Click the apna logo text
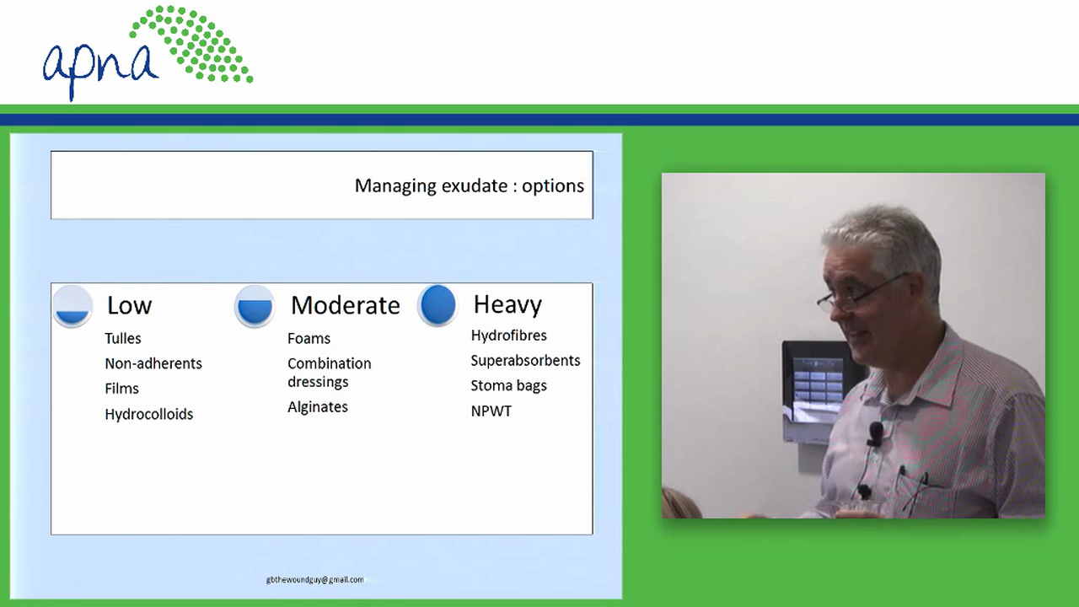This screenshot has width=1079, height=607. [x=100, y=68]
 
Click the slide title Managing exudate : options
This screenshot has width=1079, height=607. [x=470, y=186]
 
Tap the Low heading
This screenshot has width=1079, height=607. [x=129, y=305]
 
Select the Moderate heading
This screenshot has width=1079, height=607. [x=346, y=305]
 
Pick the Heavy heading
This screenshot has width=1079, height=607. [x=507, y=305]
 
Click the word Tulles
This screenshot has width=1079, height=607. [x=123, y=338]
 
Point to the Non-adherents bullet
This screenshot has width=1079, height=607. [x=153, y=363]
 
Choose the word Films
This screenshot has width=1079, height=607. [x=121, y=389]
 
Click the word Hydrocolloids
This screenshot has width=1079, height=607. [x=149, y=414]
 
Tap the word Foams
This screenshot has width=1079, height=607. [x=309, y=338]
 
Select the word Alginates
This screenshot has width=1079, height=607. [x=318, y=407]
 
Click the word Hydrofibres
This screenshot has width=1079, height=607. [x=508, y=336]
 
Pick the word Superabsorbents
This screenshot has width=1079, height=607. [x=525, y=360]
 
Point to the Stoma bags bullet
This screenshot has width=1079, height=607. [x=508, y=385]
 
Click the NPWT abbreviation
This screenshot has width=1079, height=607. [x=491, y=411]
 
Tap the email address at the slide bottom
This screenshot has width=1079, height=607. [x=315, y=579]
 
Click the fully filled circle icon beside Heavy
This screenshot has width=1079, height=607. [x=438, y=305]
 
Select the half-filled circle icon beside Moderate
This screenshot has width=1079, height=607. [x=255, y=306]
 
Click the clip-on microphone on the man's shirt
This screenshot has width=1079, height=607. [x=875, y=433]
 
